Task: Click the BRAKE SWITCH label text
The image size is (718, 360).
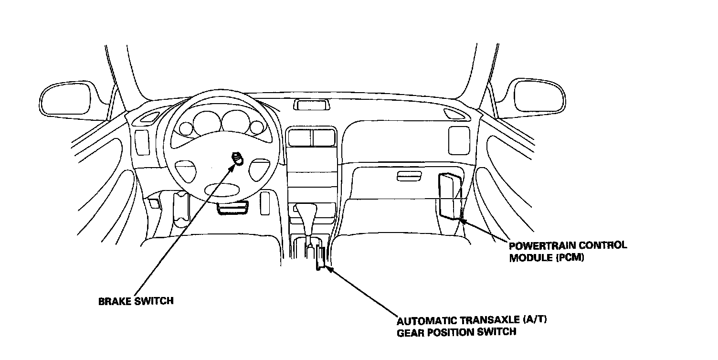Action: pyautogui.click(x=136, y=301)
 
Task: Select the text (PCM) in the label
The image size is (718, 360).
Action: pyautogui.click(x=570, y=258)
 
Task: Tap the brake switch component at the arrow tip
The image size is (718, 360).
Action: pyautogui.click(x=237, y=158)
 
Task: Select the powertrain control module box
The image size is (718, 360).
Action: pyautogui.click(x=449, y=196)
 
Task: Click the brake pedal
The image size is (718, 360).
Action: pyautogui.click(x=233, y=208)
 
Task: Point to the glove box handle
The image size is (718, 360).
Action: pyautogui.click(x=409, y=177)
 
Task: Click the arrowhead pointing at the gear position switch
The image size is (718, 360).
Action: pyautogui.click(x=329, y=270)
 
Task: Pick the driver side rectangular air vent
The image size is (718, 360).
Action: pyautogui.click(x=142, y=142)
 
